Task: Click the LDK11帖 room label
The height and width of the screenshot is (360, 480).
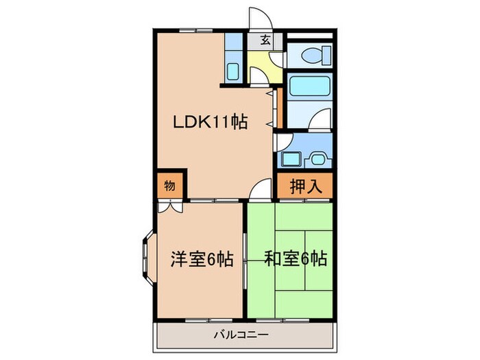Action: [209, 123]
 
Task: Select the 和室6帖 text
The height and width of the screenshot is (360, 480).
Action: [296, 259]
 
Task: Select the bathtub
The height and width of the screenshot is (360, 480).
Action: [309, 88]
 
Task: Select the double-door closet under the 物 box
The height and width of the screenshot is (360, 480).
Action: [169, 204]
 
